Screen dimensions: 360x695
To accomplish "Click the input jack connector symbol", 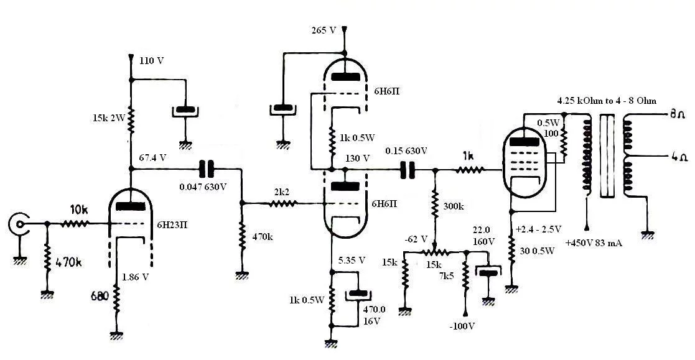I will [x=20, y=223].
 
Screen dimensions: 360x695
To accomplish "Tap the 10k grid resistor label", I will [x=78, y=210].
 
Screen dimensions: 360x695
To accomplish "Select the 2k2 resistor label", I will [x=281, y=193].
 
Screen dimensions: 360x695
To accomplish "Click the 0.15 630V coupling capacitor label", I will [x=406, y=151].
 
